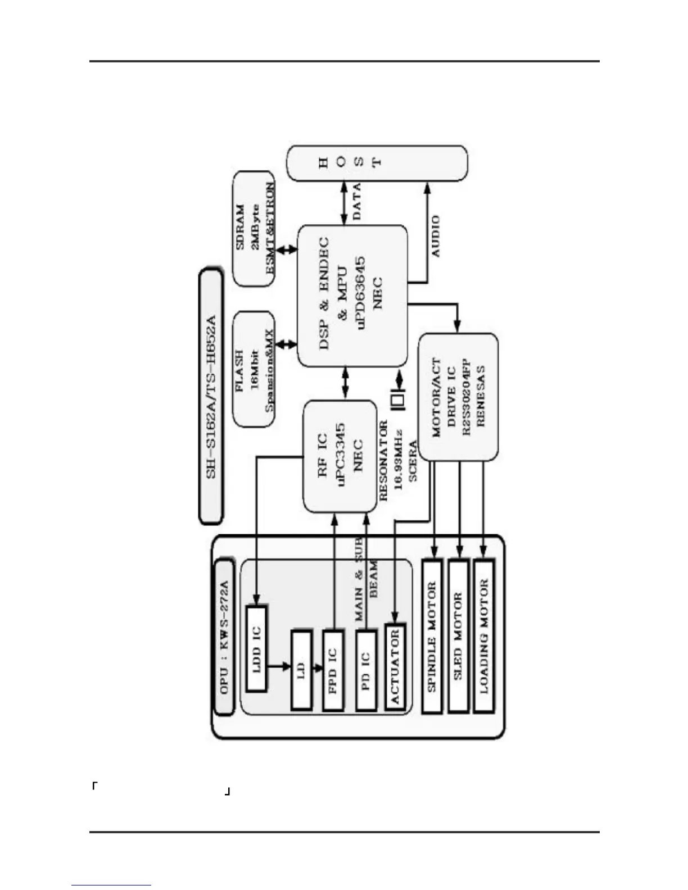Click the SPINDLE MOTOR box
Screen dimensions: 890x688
pyautogui.click(x=432, y=636)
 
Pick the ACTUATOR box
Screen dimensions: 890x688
pyautogui.click(x=395, y=667)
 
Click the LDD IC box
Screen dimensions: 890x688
pyautogui.click(x=256, y=648)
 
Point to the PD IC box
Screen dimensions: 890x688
pyautogui.click(x=366, y=670)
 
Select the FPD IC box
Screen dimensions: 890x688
pyautogui.click(x=333, y=670)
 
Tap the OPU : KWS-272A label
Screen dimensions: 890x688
pyautogui.click(x=224, y=637)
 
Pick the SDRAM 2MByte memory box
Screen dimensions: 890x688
pyautogui.click(x=254, y=228)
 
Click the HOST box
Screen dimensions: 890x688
pyautogui.click(x=377, y=163)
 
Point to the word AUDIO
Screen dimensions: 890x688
pyautogui.click(x=436, y=236)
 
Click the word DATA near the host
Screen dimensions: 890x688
pyautogui.click(x=356, y=201)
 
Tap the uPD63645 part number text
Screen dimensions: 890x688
pyautogui.click(x=361, y=293)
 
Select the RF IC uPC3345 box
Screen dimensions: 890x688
pyautogui.click(x=340, y=456)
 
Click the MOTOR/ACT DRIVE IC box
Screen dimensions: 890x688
pyautogui.click(x=458, y=398)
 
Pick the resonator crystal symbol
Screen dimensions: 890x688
pyautogui.click(x=398, y=401)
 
